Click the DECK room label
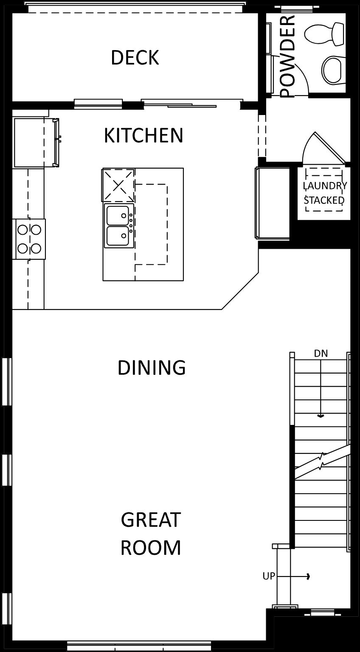click(135, 58)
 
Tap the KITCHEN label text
click(143, 135)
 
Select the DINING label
click(152, 367)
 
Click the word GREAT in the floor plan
click(151, 520)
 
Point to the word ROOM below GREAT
click(151, 548)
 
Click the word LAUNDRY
click(325, 185)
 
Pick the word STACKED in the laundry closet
click(324, 200)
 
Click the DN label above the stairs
click(321, 354)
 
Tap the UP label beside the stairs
click(269, 576)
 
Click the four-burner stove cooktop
click(29, 239)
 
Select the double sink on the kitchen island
click(119, 225)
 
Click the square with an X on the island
click(118, 185)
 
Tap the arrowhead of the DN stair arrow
click(321, 416)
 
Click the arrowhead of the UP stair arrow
click(309, 576)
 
